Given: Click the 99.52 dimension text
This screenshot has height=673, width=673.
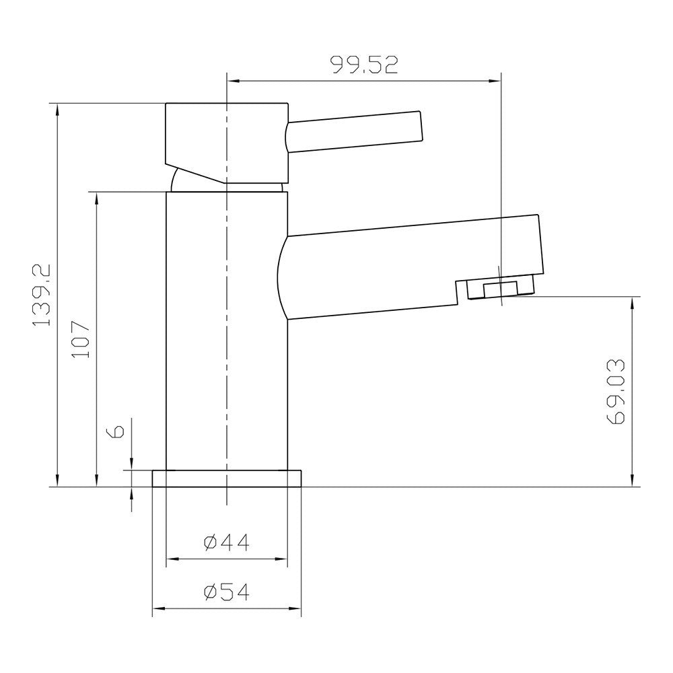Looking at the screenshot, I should (364, 65).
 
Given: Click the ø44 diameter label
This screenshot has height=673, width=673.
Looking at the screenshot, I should (226, 542).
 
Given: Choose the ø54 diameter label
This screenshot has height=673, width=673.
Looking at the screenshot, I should (226, 592).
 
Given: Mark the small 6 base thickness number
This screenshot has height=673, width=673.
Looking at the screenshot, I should (116, 431).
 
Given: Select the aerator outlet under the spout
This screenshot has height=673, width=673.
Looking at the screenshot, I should (502, 288).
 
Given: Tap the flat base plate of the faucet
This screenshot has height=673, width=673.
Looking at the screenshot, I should (227, 479).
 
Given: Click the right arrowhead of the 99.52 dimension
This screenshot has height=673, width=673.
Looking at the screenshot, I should (496, 81).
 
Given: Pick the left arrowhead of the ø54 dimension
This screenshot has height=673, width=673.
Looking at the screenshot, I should (158, 610).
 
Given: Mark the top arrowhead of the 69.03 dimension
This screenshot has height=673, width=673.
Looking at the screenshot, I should (632, 302).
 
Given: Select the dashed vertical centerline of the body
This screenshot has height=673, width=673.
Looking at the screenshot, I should (227, 336).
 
